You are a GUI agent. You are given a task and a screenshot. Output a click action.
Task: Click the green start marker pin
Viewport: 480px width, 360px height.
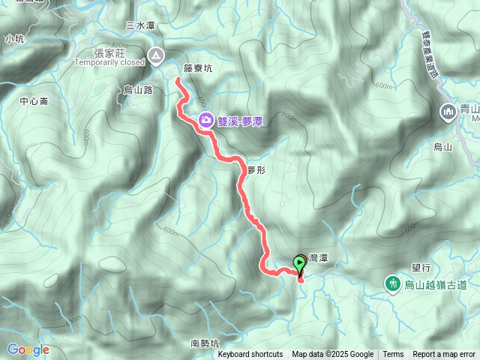(x=301, y=263)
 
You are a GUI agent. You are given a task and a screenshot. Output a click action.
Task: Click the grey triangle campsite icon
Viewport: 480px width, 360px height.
(x=155, y=55)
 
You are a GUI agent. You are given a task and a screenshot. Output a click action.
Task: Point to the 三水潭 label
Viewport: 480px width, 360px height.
(x=140, y=25)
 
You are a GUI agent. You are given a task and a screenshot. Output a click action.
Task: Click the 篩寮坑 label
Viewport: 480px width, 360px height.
(x=198, y=68)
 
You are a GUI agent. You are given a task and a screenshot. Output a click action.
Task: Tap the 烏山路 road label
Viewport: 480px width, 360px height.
(x=138, y=89)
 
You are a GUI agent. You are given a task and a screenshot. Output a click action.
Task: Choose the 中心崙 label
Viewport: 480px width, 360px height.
(x=34, y=101)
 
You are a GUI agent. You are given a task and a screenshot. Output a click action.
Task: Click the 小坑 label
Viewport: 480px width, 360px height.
(x=13, y=38)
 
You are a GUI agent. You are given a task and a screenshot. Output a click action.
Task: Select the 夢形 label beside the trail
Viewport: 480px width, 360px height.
(x=256, y=170)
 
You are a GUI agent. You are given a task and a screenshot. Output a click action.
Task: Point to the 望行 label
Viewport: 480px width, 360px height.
(x=421, y=267)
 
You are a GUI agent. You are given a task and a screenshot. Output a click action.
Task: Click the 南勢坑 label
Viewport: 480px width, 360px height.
(x=204, y=343)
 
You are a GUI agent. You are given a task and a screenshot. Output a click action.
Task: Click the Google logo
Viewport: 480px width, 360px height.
(x=28, y=349)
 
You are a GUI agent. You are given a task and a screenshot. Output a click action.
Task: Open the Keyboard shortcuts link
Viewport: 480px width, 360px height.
(x=250, y=355)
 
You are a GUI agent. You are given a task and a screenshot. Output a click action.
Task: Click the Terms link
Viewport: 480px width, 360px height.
(x=393, y=355)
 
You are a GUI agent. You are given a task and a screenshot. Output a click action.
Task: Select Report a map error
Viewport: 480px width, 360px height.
(x=445, y=355)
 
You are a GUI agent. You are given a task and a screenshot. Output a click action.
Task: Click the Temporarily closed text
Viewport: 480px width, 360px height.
(x=109, y=62)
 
